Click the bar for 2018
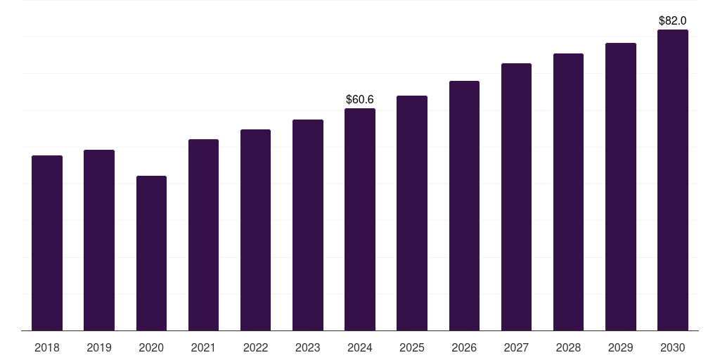[47, 243]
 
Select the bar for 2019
[99, 240]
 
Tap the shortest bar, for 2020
[151, 253]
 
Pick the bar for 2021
[203, 235]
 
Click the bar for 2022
[255, 230]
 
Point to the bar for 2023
[308, 225]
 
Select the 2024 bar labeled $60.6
[360, 219]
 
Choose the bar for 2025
[412, 213]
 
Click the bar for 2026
[464, 205]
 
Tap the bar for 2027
[516, 197]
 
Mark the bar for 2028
[568, 192]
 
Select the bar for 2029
[621, 186]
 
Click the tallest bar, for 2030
[673, 180]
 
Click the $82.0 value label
[673, 21]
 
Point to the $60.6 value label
[360, 100]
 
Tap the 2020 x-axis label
[151, 347]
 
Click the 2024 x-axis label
[360, 347]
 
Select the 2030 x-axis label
[673, 347]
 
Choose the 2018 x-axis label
[47, 347]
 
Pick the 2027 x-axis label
[516, 347]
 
